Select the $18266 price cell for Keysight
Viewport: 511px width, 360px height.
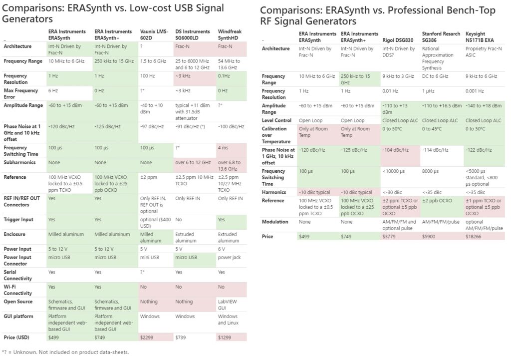475,236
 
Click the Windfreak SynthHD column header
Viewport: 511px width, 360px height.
231,34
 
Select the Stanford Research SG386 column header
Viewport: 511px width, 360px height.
440,36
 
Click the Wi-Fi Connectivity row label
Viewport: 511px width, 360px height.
18,290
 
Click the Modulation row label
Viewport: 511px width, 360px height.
274,221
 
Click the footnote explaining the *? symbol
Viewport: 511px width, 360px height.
65,352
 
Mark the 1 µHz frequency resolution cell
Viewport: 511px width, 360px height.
430,91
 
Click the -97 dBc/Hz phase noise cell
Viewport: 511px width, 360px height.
151,127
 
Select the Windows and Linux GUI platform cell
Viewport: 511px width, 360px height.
228,320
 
